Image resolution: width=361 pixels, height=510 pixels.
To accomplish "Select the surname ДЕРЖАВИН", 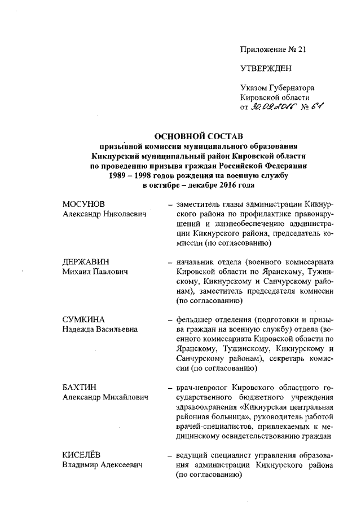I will point(85,262).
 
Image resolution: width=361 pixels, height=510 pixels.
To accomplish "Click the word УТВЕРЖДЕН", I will point(266,69).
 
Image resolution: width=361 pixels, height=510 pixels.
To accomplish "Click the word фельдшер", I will point(195,320).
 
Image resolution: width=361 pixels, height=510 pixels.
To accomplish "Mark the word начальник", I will point(196,262).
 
